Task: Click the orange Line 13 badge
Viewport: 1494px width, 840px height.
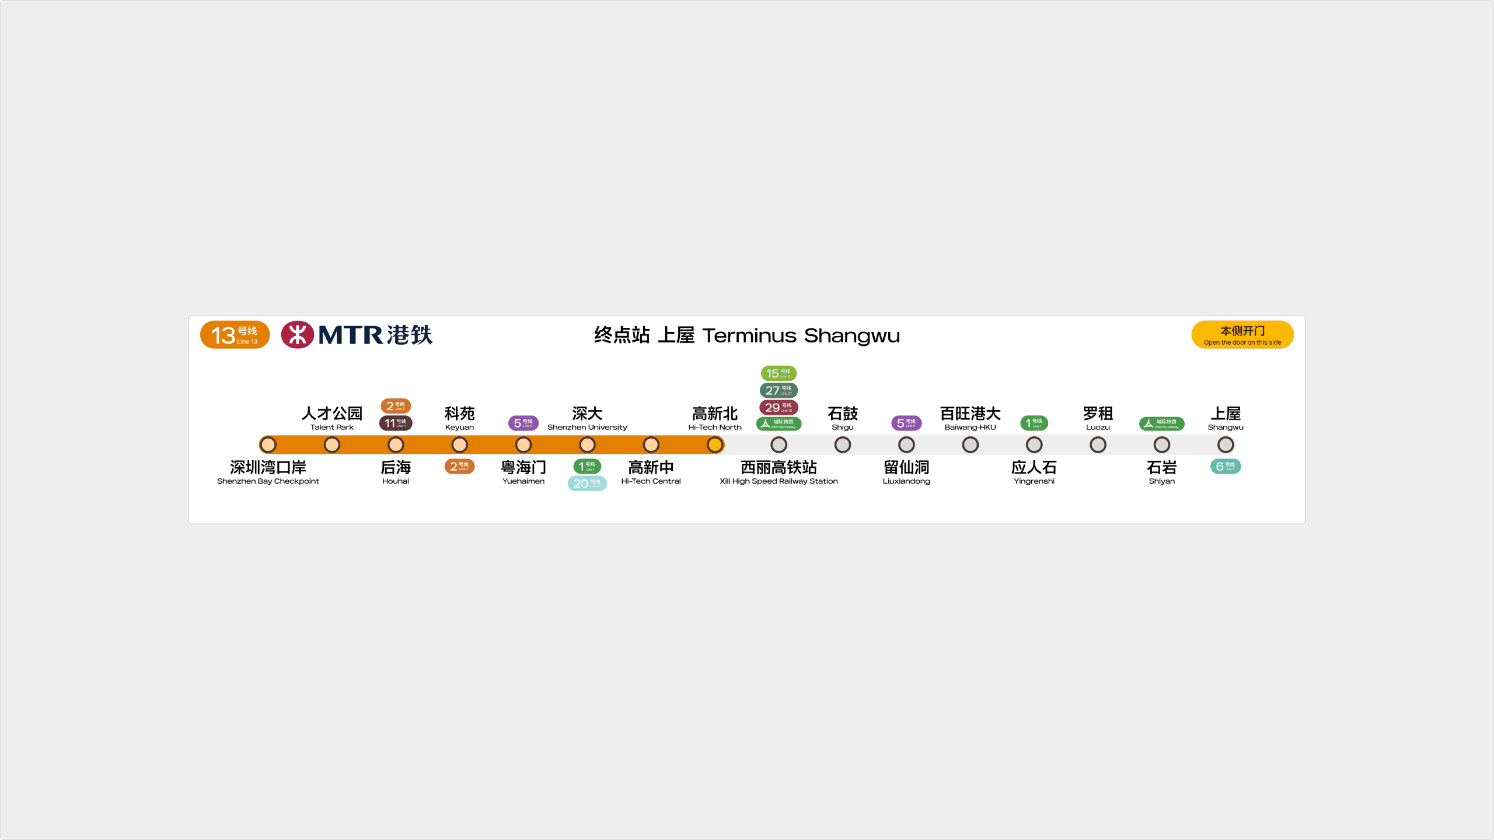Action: (x=235, y=335)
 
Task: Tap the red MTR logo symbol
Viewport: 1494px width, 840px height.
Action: (x=297, y=335)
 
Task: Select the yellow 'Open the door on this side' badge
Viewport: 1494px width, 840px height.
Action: (x=1242, y=335)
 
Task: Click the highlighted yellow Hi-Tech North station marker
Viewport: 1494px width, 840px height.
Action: (x=714, y=445)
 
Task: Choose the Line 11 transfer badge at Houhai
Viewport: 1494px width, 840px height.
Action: (x=396, y=423)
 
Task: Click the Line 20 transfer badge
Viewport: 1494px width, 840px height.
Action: (x=587, y=483)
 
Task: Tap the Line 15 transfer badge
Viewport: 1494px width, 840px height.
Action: (x=779, y=373)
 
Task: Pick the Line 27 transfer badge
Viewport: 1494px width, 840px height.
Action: (x=779, y=390)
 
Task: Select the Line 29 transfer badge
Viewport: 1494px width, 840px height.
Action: (x=779, y=407)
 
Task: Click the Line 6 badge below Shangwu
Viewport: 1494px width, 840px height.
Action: (x=1225, y=466)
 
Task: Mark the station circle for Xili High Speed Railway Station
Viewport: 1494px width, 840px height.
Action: (x=779, y=445)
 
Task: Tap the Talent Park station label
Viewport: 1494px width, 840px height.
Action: (x=331, y=418)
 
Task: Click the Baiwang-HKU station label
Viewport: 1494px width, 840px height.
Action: (x=970, y=418)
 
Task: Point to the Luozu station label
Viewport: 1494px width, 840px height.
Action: (x=1098, y=418)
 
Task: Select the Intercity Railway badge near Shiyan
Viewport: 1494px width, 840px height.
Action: (x=1161, y=423)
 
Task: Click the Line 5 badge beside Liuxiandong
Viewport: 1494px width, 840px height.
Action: (x=906, y=423)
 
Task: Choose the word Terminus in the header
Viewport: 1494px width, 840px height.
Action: (x=749, y=336)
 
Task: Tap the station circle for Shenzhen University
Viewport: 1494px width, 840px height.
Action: (x=587, y=445)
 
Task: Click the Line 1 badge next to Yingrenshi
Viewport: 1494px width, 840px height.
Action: (x=1034, y=423)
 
